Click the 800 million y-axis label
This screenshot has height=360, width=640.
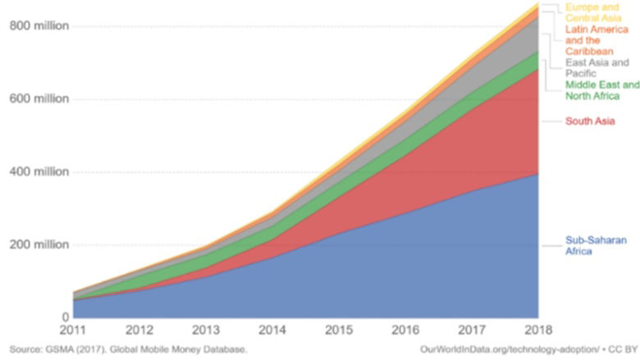point(39,26)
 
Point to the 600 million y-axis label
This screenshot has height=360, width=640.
point(39,99)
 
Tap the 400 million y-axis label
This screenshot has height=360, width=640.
point(39,172)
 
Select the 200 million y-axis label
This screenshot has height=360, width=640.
point(39,245)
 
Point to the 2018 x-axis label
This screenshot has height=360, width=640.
point(537,332)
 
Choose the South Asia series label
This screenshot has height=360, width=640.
point(590,121)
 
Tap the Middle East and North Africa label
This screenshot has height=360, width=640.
point(602,90)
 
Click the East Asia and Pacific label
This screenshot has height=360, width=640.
point(597,67)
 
